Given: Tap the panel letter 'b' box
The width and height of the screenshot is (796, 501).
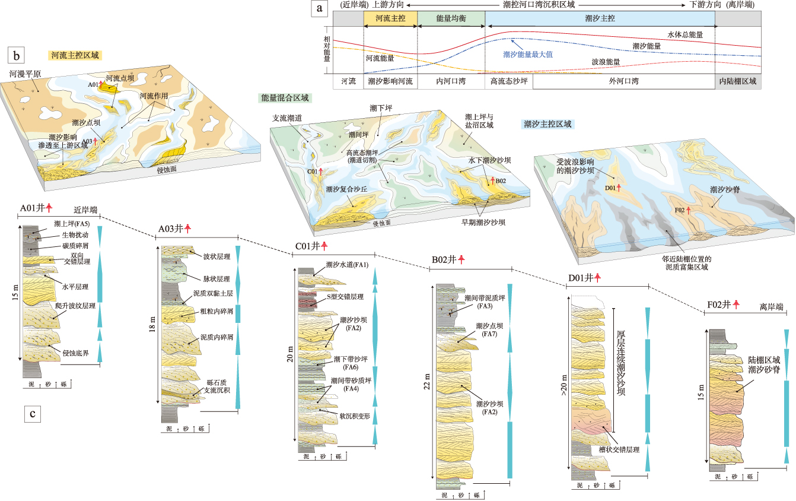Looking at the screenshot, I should point(16,56).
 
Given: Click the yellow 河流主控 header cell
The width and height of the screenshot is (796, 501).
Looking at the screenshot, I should point(390,19).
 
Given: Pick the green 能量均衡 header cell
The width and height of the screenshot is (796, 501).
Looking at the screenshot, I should point(451,19).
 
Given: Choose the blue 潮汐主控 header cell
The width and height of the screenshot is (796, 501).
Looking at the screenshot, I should point(600,19).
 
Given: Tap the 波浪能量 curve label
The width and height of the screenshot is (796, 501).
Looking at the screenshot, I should point(606,61).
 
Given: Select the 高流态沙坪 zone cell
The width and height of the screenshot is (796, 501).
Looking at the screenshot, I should point(508,81).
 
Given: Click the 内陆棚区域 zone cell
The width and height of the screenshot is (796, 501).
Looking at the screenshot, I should point(737,81).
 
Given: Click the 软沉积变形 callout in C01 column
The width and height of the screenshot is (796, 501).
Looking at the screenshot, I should point(354,416).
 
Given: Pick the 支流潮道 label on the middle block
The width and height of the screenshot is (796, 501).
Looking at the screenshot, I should point(287,119).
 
